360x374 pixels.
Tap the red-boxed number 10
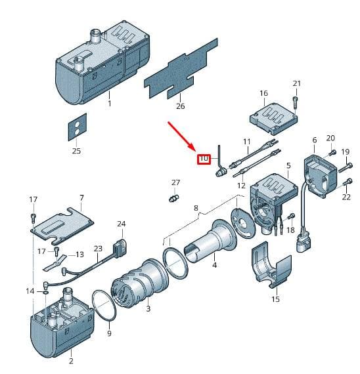point(204,159)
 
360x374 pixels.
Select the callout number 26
point(181,106)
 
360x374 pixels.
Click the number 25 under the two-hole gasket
point(76,151)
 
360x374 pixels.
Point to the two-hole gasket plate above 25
point(78,127)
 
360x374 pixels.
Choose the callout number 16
point(263,93)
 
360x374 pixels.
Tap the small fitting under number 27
point(174,198)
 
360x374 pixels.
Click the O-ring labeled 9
point(104,306)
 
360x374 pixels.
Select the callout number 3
point(148,308)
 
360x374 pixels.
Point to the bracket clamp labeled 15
point(271,265)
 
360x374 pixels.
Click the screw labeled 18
point(291,217)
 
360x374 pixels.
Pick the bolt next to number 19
point(346,167)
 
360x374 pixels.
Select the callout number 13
point(79,255)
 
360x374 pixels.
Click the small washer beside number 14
point(46,293)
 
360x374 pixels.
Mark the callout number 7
point(81,197)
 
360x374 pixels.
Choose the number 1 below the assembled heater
point(110,103)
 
